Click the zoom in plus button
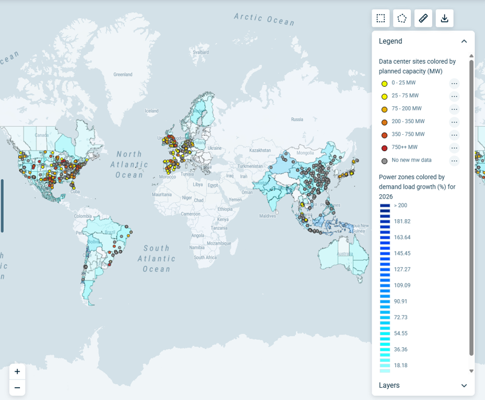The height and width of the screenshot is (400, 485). pos(17,371)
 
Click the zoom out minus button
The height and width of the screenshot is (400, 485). pos(17,388)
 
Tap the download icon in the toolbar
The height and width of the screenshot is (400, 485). pos(444,18)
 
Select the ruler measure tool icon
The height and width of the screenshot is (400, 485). pos(423,18)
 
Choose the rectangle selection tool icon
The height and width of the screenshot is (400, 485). pos(381,18)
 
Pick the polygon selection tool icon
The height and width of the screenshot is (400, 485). pos(402,18)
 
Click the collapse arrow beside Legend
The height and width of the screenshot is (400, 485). pos(464,41)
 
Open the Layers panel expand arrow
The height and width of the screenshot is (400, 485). pos(464,385)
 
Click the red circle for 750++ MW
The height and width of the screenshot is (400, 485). pos(384,147)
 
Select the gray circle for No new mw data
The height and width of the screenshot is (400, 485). pos(384,160)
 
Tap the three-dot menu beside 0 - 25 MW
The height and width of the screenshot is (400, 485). pos(454,83)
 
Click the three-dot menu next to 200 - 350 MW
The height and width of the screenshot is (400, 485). pos(454,122)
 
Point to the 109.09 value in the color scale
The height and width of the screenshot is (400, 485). pos(402,285)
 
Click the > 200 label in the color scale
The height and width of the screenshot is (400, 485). pos(401,205)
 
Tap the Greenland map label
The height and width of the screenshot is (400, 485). pos(122,75)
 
